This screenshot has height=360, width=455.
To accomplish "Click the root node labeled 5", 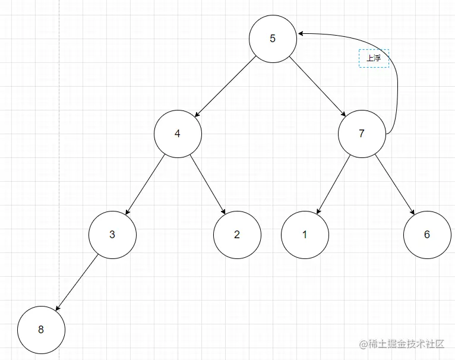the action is (x=273, y=39).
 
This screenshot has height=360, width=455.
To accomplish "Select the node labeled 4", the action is (x=178, y=134).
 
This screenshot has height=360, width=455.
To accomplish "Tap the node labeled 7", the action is (x=362, y=134).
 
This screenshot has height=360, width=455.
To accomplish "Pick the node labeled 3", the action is (x=112, y=234).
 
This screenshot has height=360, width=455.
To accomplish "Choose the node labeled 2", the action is (x=237, y=234).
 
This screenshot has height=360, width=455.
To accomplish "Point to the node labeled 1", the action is (x=305, y=234).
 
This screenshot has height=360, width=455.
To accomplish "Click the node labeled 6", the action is (x=426, y=234).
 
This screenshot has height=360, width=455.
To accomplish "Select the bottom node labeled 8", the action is (x=41, y=330).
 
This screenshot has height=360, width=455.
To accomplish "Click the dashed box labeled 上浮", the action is (x=374, y=58).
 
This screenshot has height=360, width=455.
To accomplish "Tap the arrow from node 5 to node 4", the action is (x=225, y=86).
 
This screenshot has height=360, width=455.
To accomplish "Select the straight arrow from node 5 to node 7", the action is (x=318, y=87).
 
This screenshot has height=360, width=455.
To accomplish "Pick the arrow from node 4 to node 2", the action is (x=208, y=184).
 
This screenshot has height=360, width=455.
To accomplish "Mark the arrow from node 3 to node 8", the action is (x=77, y=282).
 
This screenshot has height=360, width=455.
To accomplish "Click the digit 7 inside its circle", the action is (x=362, y=134).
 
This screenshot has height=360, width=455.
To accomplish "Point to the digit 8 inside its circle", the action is (x=41, y=330).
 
